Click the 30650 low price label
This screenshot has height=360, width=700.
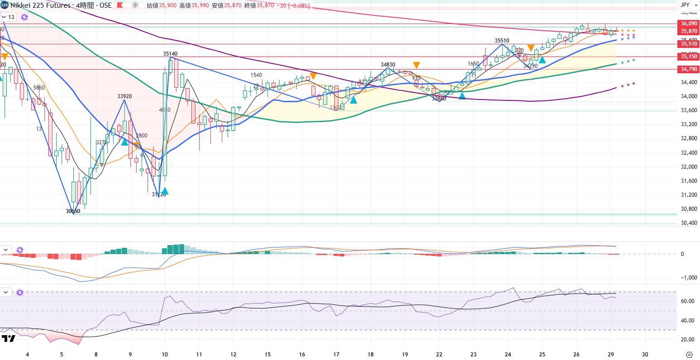coord(73,211)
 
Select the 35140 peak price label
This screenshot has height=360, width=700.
coord(170,53)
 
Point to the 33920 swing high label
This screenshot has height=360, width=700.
coord(124,96)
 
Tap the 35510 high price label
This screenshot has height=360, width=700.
coord(501,40)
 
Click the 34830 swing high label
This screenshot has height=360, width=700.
coord(388,65)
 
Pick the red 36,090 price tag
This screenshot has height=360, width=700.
coord(688,23)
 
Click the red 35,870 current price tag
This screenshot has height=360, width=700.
coord(688,31)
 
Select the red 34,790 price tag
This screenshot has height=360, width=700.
coord(688,69)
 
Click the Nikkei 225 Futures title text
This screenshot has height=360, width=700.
coord(41,5)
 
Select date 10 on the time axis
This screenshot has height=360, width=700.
coord(165,354)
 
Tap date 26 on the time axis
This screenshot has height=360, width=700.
coord(576,354)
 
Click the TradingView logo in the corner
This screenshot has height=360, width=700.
coord(8,338)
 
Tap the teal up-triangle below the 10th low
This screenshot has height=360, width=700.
coord(165,191)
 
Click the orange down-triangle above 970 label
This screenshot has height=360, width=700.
coord(416,65)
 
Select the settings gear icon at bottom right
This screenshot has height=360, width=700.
coord(689,354)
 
